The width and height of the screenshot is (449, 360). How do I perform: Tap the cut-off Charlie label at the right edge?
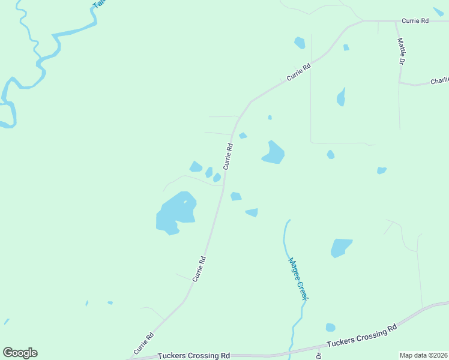439,80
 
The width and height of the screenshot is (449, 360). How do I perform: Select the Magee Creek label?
298,279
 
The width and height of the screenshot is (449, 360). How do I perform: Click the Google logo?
20,352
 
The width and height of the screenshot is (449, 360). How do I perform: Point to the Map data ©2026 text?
424,355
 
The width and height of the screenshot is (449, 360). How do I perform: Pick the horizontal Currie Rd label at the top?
415,20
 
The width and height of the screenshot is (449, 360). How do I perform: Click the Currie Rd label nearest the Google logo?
144,343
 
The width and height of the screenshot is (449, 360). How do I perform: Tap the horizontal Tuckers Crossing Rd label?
194,355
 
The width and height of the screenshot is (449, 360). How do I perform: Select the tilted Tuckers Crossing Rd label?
362,336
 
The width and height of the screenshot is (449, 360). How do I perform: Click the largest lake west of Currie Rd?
176,212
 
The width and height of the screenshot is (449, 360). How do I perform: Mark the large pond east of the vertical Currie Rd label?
273,153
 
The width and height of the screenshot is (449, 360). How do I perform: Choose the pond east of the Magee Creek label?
340,247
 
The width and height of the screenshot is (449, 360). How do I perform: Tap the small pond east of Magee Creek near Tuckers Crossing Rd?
330,328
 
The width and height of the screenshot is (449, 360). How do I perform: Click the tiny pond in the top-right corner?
439,11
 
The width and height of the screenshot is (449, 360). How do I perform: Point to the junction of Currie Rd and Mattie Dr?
395,21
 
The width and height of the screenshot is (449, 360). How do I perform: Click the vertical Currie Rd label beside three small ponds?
228,156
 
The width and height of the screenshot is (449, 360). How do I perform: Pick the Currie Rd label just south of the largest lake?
199,269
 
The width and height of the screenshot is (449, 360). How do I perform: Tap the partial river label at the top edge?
98,4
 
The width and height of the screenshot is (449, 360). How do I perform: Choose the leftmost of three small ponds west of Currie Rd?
196,167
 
